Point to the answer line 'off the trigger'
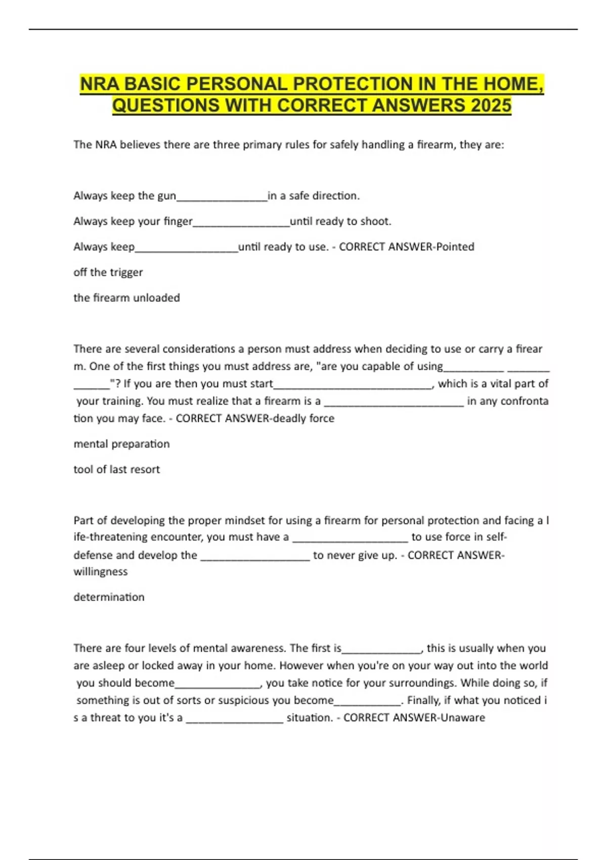[108, 272]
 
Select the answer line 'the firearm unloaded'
[126, 297]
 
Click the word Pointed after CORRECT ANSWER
[455, 247]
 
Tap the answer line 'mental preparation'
[121, 444]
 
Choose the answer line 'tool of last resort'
[116, 469]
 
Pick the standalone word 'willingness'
[101, 572]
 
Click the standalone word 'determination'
[109, 597]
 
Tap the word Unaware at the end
[463, 717]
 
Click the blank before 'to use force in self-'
[350, 538]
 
